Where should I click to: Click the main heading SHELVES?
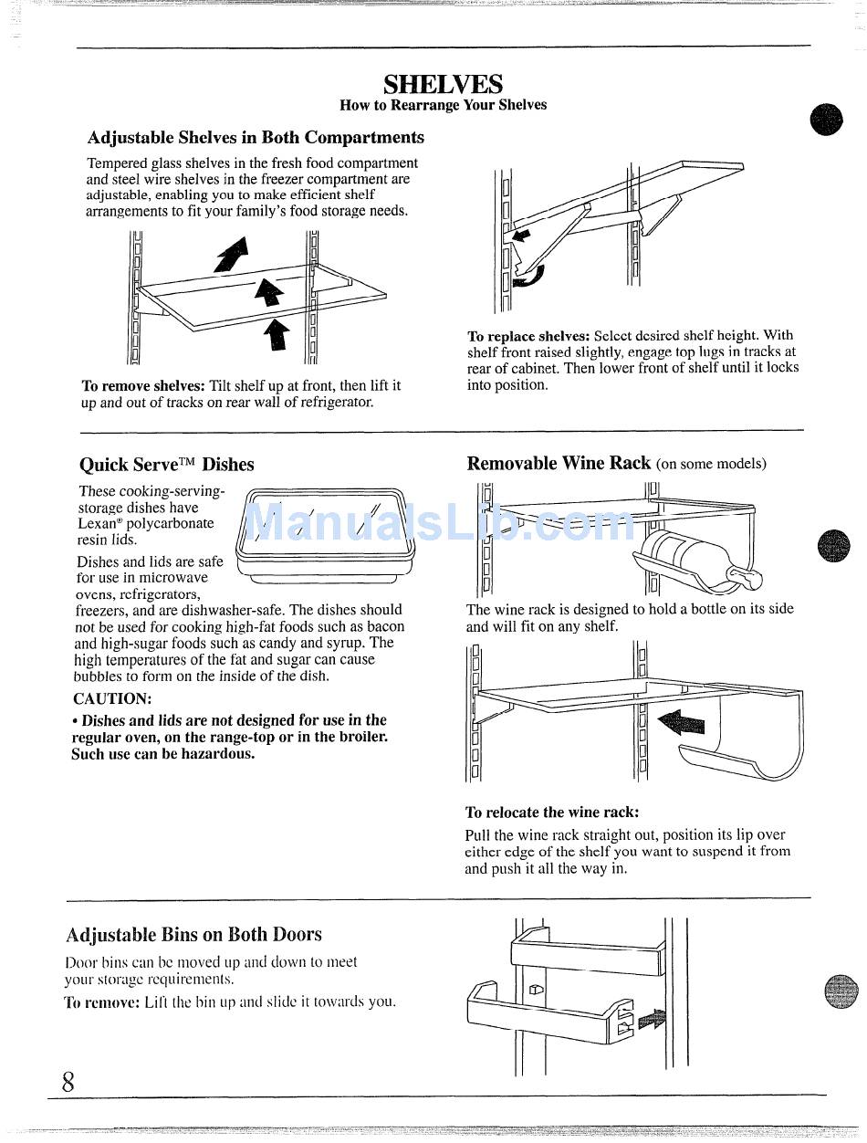(443, 85)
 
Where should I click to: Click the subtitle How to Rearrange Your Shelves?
(443, 105)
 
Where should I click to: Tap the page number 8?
(68, 1083)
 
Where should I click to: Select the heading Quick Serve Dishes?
(167, 465)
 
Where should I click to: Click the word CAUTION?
(112, 699)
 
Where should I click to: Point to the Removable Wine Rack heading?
(559, 463)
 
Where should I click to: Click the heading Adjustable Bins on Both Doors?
(193, 935)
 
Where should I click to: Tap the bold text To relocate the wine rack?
(552, 813)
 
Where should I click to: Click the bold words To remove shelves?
(142, 386)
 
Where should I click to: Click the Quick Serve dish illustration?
(325, 536)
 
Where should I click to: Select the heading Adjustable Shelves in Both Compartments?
(256, 138)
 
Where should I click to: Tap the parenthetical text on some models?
(711, 465)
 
